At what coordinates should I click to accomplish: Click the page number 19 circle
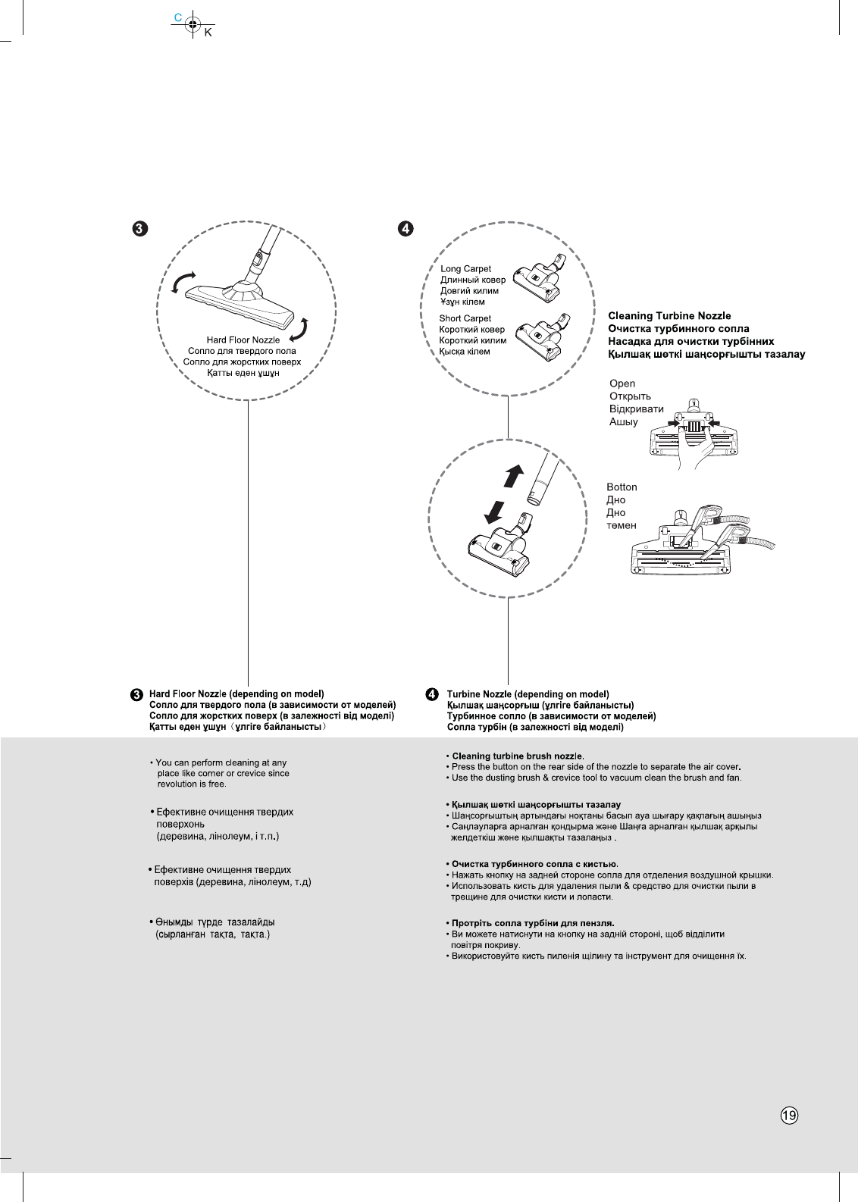click(x=789, y=1115)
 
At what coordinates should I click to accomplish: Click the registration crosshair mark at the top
click(x=193, y=24)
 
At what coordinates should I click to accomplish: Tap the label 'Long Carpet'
click(x=465, y=269)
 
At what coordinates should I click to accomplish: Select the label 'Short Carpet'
click(x=465, y=319)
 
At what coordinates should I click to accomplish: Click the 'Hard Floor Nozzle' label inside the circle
click(x=243, y=340)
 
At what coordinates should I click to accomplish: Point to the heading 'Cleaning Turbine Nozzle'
click(x=669, y=316)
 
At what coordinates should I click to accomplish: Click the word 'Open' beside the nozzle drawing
click(x=622, y=384)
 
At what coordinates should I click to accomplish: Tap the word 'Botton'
click(x=622, y=487)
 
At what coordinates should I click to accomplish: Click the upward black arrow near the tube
click(x=514, y=475)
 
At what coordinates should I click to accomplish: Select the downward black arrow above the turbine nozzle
click(x=494, y=512)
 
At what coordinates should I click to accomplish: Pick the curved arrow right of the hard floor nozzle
click(x=301, y=331)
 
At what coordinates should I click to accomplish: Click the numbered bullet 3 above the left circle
click(x=139, y=229)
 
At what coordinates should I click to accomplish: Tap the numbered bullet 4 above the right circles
click(x=407, y=229)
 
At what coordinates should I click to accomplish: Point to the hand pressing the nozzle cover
click(x=695, y=453)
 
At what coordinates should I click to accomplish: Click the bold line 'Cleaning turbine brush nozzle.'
click(x=518, y=756)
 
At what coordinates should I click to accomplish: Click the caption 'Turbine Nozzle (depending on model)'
click(x=528, y=694)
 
